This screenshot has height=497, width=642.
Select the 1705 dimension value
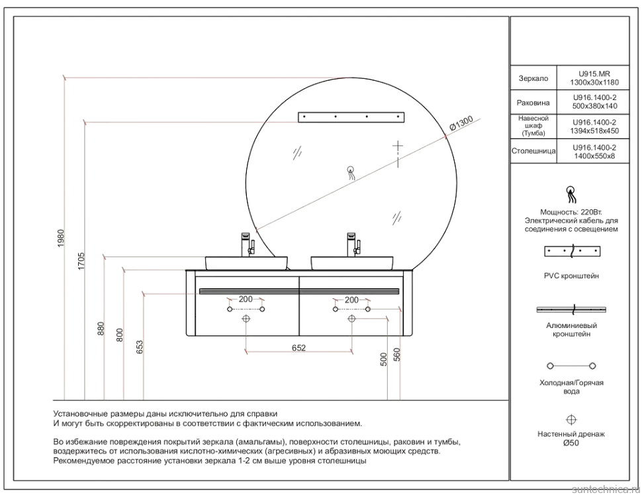81,260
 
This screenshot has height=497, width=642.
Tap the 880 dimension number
101,329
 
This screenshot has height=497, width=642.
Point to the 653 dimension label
140,347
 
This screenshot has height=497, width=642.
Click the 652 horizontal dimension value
298,349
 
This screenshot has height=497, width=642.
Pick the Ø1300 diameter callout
461,124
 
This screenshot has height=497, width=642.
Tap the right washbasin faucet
353,243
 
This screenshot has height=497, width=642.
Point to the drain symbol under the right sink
351,319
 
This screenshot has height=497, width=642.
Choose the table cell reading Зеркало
533,78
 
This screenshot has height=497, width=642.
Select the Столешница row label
533,152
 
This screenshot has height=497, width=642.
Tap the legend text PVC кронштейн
571,276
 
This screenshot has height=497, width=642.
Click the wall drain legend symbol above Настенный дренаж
571,419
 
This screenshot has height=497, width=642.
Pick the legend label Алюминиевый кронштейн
571,330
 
